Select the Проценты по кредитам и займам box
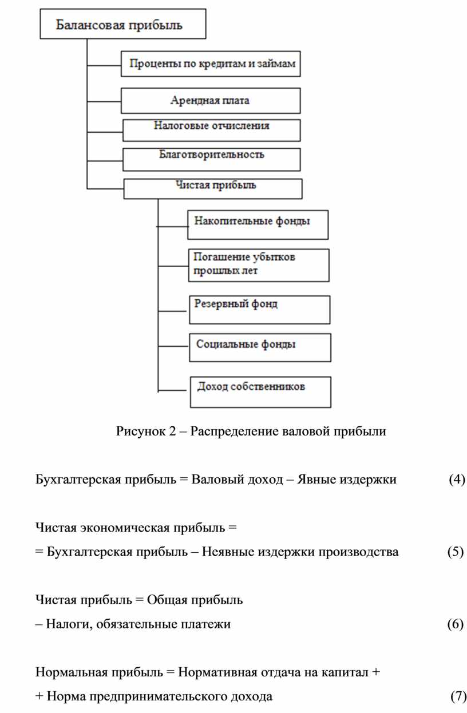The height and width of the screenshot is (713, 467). pos(211,64)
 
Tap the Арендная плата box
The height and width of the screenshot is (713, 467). pos(211,101)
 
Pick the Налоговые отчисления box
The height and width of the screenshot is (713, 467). pos(211,129)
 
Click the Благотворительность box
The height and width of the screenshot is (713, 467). pos(211,159)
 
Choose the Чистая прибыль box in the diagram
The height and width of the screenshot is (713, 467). pos(213,188)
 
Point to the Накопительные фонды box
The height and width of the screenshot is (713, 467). pos(258,224)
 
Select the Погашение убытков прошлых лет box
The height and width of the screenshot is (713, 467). pos(259,264)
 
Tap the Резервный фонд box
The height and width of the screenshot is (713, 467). pos(259,309)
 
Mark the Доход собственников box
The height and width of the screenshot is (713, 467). pos(260,391)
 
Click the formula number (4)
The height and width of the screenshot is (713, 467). pos(456,479)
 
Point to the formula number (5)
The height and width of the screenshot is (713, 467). pos(455,552)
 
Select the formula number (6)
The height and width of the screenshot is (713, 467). pos(455,624)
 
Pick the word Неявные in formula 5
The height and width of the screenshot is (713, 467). pos(228,552)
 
